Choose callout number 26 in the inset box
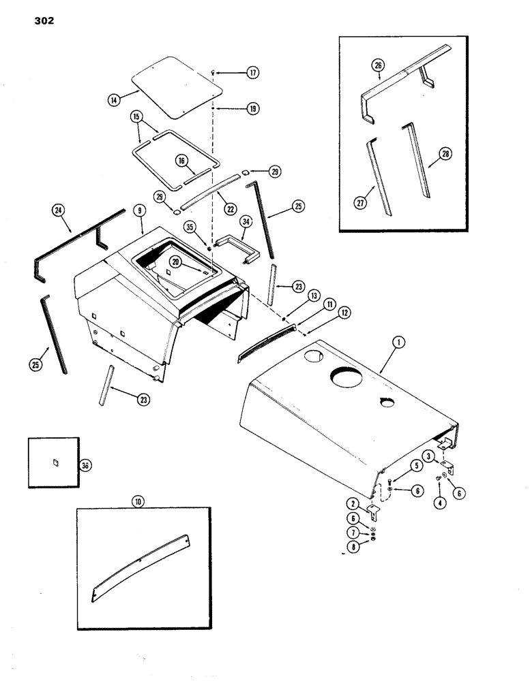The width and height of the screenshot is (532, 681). pyautogui.click(x=378, y=65)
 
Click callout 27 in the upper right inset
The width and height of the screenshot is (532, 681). pyautogui.click(x=361, y=203)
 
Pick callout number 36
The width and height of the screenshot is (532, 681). pyautogui.click(x=86, y=465)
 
